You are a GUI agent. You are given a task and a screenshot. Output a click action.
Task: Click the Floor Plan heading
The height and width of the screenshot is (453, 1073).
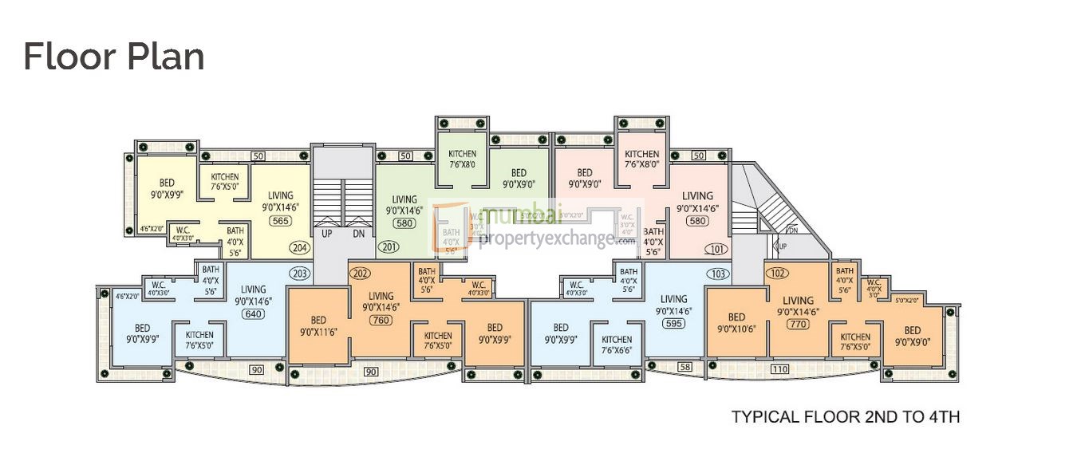(113, 57)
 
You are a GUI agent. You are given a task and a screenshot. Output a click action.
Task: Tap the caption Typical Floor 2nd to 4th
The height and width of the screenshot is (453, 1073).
(846, 416)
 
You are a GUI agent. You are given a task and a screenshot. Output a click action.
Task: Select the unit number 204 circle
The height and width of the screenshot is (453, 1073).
(300, 247)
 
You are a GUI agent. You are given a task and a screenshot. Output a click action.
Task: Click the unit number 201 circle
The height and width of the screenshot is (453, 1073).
(389, 247)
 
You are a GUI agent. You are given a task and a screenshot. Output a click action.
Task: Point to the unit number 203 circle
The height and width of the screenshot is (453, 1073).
(300, 274)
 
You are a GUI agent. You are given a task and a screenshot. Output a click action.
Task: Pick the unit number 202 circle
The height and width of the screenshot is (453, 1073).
(361, 274)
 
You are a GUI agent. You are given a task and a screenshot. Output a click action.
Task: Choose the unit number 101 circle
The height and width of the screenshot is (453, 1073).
(715, 249)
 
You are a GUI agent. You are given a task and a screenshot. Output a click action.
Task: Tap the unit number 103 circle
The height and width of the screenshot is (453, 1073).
(717, 274)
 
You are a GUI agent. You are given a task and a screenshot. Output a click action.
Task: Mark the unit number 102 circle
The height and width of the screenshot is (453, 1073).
(778, 274)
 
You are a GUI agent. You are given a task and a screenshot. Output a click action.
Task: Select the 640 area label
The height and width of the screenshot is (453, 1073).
(253, 314)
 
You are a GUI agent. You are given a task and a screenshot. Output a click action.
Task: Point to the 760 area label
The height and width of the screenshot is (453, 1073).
(381, 320)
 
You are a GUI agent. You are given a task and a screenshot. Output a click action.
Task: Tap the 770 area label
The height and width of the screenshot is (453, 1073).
(797, 325)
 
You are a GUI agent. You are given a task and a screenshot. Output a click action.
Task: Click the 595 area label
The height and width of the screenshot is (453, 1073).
(673, 324)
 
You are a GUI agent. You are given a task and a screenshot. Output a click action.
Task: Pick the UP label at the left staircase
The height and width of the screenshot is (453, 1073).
(327, 234)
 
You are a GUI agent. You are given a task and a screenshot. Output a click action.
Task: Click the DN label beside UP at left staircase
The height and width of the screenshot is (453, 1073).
(358, 234)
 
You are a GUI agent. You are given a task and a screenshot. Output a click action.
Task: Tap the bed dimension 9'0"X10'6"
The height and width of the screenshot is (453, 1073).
(736, 329)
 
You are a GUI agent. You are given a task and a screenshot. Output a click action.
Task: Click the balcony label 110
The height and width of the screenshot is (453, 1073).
(779, 370)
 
